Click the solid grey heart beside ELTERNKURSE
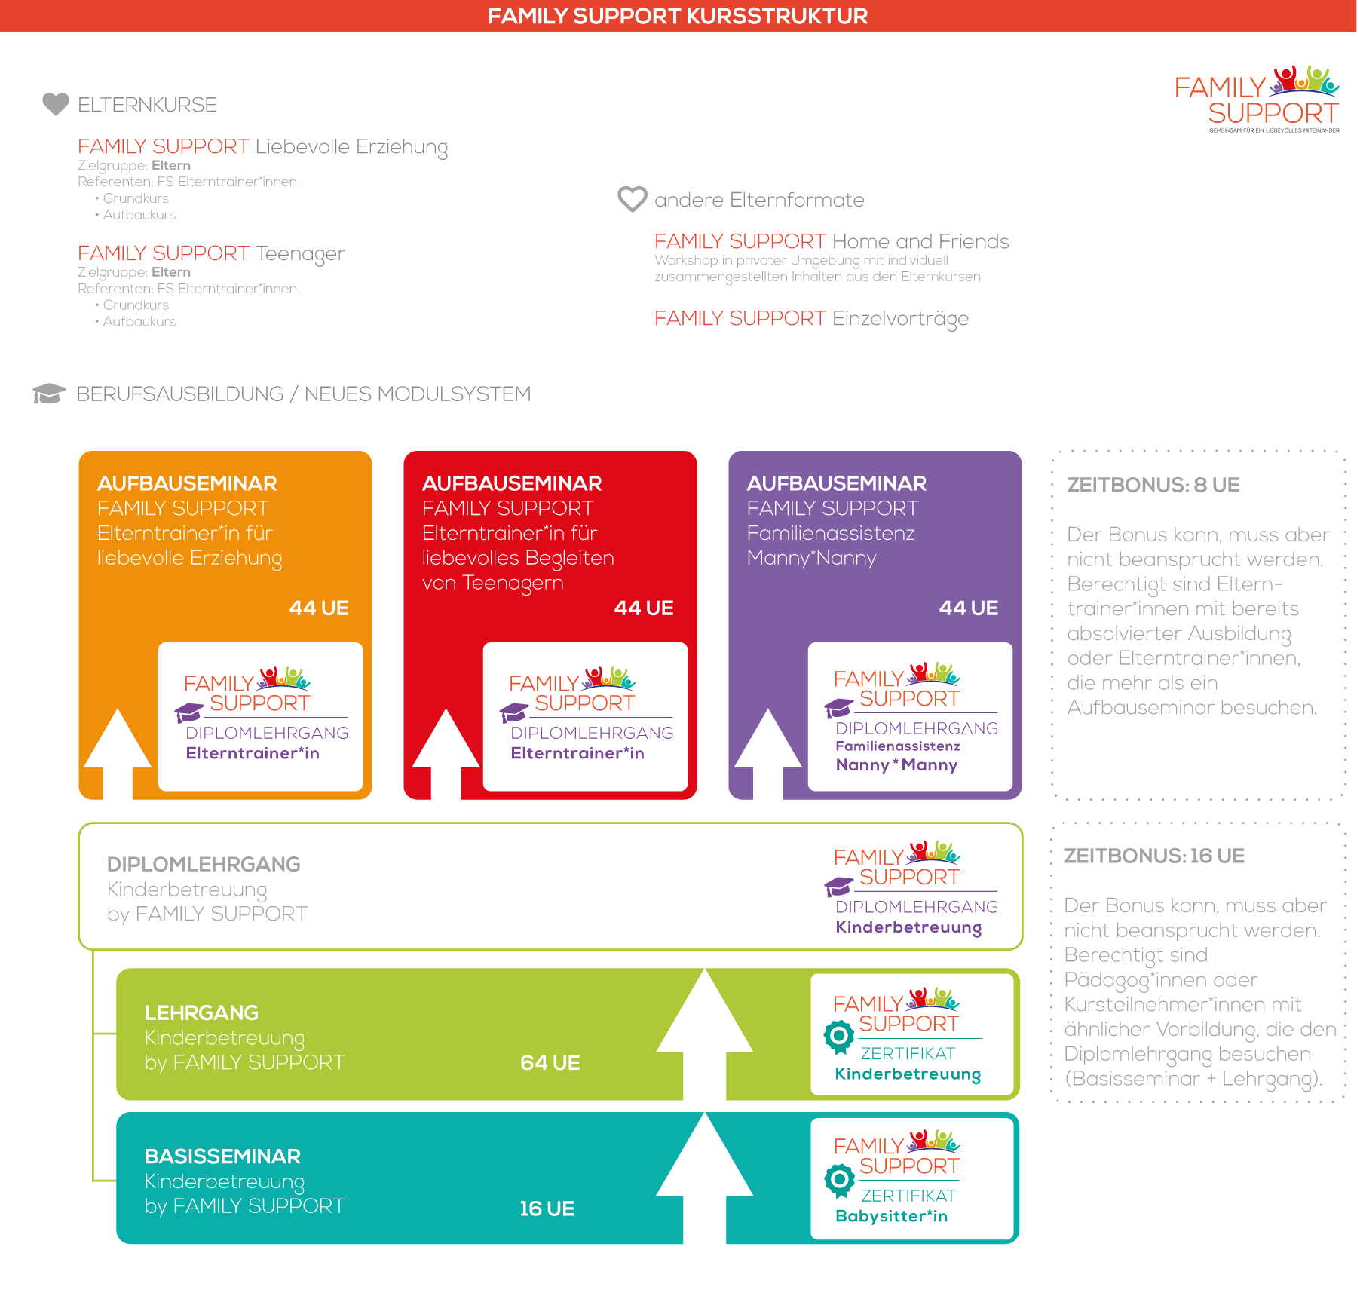click(56, 104)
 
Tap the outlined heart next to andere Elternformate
click(632, 199)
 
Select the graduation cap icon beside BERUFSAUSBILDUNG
click(49, 394)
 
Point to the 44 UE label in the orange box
click(319, 608)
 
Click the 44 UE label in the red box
click(644, 608)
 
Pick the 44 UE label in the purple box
click(969, 608)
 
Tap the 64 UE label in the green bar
click(550, 1063)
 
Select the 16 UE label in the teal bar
click(547, 1209)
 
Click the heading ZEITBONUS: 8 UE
click(1153, 486)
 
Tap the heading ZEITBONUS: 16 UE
click(1154, 856)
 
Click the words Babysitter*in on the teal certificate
click(892, 1216)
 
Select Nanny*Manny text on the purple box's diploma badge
click(896, 765)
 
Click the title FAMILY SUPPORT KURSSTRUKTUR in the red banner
click(678, 16)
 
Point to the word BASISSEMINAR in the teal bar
click(222, 1156)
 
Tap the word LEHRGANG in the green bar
click(201, 1012)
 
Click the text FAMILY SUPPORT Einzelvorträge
click(811, 319)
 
